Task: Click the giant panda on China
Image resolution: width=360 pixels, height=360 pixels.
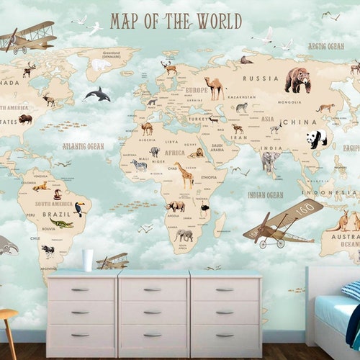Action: click(x=316, y=138)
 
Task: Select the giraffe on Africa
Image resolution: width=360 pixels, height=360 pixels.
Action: click(x=185, y=175)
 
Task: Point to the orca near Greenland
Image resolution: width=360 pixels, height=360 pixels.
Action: click(x=97, y=94)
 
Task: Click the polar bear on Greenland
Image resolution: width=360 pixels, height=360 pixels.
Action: click(x=100, y=65)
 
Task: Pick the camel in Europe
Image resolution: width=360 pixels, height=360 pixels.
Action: click(x=214, y=88)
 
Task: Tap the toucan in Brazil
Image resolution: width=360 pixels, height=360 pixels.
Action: click(x=79, y=209)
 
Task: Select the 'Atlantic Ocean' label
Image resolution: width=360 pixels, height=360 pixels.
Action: click(x=83, y=146)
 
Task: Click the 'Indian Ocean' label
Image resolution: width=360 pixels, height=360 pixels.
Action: click(x=266, y=194)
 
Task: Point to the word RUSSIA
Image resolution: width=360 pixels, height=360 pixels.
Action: click(x=261, y=78)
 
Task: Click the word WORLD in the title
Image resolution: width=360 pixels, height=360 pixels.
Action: click(x=215, y=22)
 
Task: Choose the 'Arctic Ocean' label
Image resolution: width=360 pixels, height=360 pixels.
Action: click(x=325, y=46)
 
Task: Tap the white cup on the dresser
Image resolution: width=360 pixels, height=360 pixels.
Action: click(x=87, y=259)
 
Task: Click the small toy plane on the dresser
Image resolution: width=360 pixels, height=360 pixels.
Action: click(x=113, y=261)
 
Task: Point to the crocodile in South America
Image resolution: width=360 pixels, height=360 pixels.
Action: click(x=62, y=224)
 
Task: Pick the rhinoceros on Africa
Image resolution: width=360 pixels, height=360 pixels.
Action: click(x=175, y=206)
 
